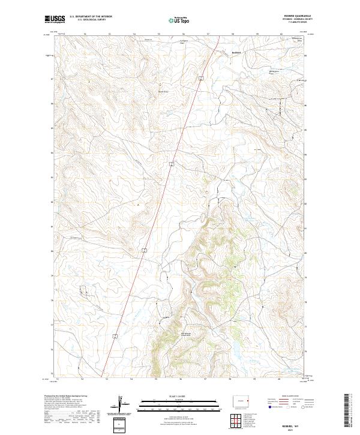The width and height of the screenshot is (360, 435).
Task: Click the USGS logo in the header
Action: coord(55,20)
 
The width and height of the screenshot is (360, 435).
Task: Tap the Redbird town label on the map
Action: coord(236,52)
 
